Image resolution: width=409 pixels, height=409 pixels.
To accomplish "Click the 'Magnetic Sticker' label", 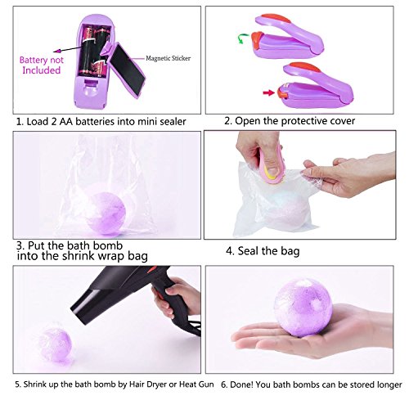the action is pos(168,58).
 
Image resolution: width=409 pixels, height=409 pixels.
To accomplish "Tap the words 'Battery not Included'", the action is pos(42,65).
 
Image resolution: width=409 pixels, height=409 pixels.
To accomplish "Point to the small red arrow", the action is pos(268,93).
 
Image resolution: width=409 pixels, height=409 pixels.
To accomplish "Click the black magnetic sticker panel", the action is pos(128,69).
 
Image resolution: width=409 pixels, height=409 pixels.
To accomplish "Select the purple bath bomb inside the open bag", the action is pos(106,213).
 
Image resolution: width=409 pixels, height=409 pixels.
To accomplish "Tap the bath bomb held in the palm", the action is pos(303,308).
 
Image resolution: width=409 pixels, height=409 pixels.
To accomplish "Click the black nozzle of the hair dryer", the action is pos(90,303).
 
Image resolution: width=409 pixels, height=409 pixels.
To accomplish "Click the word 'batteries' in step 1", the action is pos(95,121).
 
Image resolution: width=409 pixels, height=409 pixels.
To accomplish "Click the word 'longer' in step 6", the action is pos(389,385).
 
